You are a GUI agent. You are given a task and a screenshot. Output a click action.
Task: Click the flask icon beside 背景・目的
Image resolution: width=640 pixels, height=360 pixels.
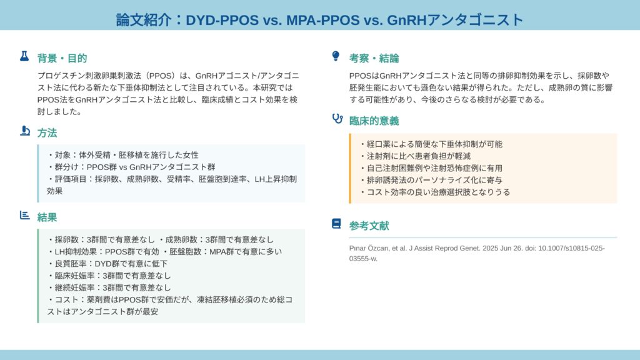point(24,56)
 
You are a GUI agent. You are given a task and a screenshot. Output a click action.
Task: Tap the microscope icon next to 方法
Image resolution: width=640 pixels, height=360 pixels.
point(25,131)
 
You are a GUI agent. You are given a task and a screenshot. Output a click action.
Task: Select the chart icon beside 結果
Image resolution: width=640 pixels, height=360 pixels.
point(24,215)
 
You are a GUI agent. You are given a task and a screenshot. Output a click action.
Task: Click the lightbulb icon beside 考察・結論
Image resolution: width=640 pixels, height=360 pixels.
point(336,56)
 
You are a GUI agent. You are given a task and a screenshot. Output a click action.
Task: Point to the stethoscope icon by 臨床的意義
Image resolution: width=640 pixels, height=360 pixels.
point(337,118)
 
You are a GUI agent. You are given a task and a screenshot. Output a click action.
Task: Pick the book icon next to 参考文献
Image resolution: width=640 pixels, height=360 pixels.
point(336,224)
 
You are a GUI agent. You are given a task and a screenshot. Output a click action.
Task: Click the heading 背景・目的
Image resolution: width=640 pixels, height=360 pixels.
point(62,58)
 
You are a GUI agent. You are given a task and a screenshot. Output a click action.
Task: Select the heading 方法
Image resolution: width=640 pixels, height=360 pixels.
point(47,133)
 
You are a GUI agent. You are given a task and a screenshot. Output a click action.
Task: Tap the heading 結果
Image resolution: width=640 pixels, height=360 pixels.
point(47,217)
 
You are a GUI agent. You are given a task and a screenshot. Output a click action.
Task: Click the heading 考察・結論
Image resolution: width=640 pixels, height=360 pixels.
point(374,58)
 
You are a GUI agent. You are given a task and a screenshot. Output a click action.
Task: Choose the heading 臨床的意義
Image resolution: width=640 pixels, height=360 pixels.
point(374,121)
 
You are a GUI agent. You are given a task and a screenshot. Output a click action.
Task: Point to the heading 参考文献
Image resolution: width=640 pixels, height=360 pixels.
point(369,226)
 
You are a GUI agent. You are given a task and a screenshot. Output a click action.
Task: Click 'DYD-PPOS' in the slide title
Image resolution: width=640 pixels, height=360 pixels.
point(222,20)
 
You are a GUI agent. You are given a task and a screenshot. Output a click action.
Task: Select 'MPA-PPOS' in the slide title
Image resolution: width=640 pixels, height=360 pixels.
point(323,20)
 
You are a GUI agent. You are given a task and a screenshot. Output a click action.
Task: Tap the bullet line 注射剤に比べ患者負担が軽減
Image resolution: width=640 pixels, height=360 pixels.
point(415,156)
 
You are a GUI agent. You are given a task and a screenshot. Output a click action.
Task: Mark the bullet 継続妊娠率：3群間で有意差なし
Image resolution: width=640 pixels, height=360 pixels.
point(109,287)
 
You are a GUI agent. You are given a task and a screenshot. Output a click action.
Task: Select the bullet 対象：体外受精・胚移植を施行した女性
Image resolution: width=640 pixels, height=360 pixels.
point(123,155)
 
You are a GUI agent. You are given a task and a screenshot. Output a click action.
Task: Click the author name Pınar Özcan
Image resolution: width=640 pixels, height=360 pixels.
point(368,248)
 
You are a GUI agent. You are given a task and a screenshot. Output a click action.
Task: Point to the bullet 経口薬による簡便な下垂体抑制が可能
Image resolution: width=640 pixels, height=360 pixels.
point(431,144)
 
